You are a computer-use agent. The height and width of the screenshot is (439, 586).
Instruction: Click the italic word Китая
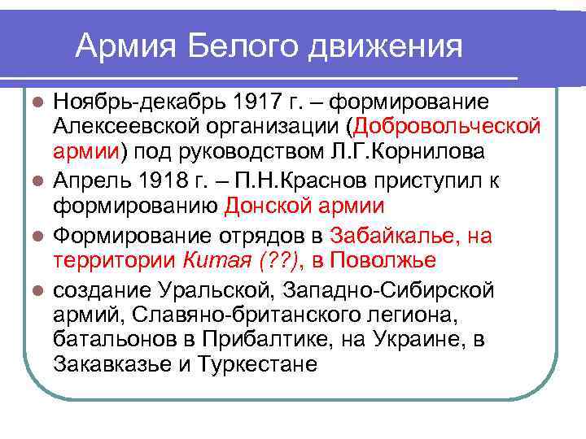tap(213, 260)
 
